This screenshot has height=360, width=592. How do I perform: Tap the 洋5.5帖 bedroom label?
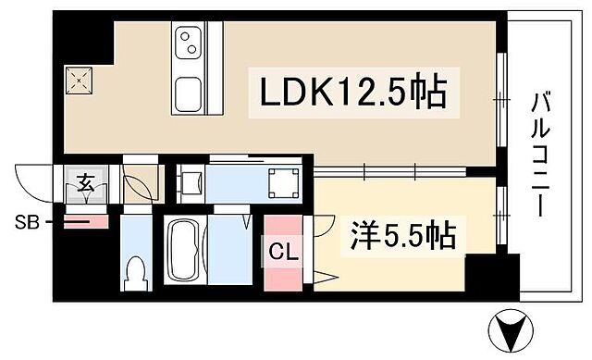(404, 237)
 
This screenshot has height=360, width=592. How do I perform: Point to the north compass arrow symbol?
(511, 329)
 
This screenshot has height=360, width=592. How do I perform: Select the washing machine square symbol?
(280, 182)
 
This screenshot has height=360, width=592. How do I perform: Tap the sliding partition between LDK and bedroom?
(388, 169)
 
